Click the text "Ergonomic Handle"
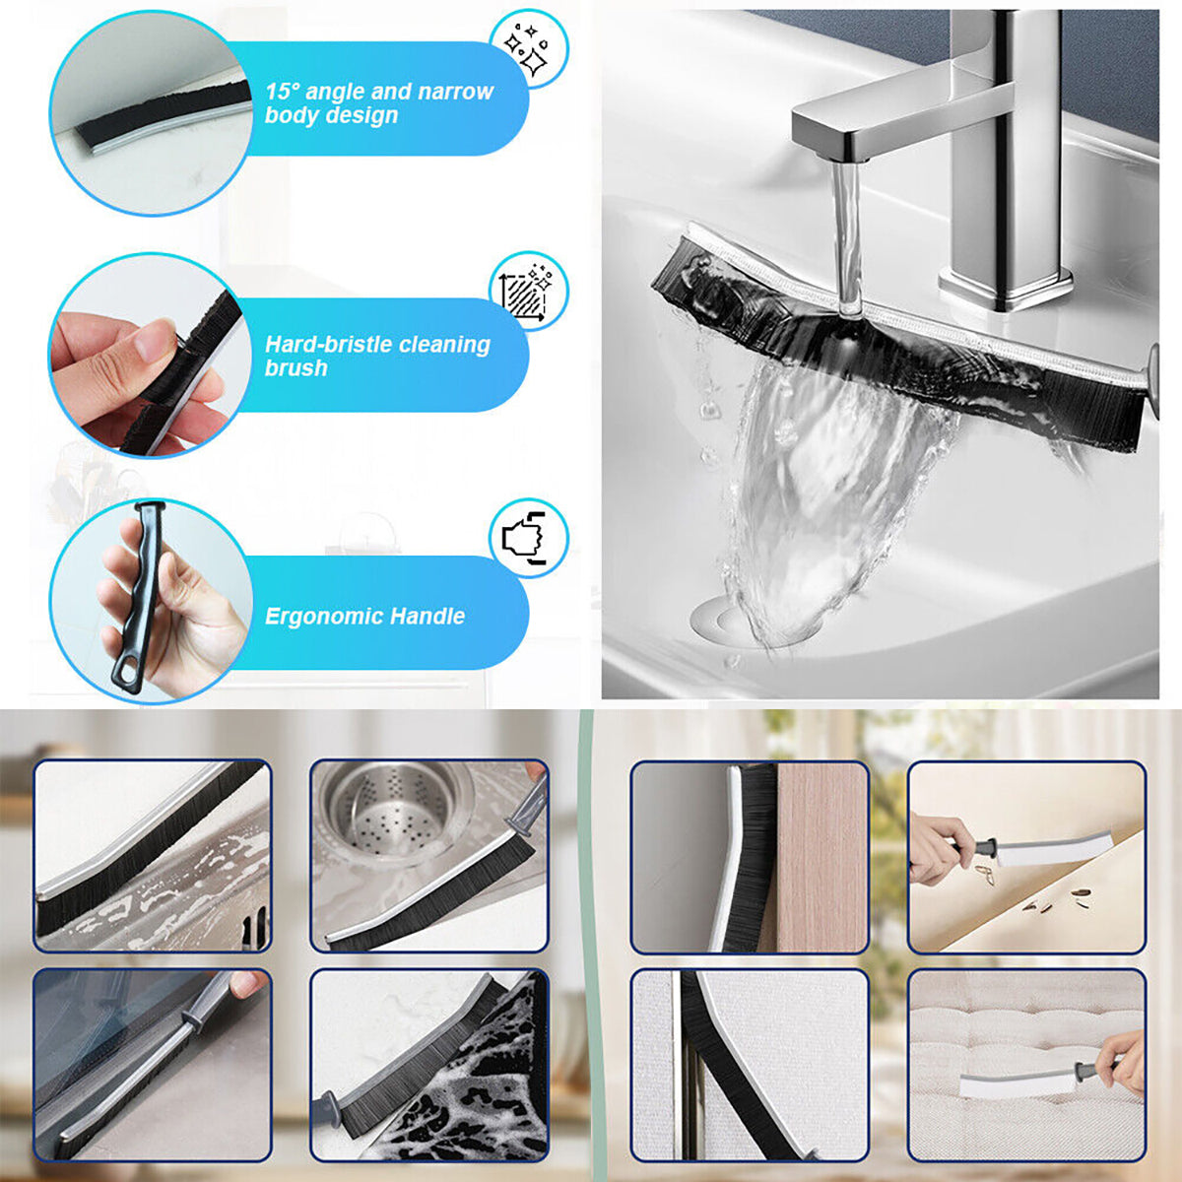(364, 617)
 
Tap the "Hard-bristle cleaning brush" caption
(376, 356)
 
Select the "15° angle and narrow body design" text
(378, 103)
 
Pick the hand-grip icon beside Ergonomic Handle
(528, 538)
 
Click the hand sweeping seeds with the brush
(936, 847)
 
